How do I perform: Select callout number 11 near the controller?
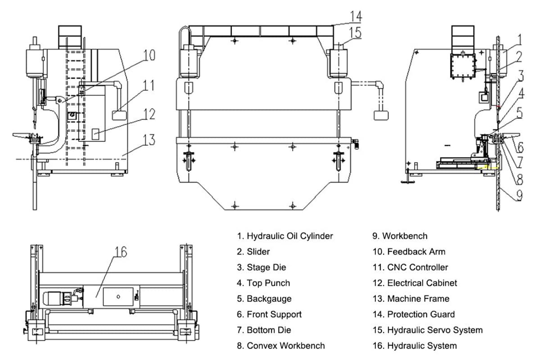click(x=149, y=85)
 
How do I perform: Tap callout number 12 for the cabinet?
click(x=149, y=114)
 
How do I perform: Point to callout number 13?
click(x=149, y=140)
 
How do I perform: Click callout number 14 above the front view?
click(x=355, y=17)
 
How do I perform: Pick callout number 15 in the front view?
click(x=355, y=33)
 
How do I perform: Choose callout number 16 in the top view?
click(x=120, y=252)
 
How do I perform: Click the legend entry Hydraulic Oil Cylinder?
click(x=285, y=236)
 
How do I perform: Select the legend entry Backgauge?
click(x=264, y=299)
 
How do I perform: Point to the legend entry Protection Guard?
click(x=414, y=315)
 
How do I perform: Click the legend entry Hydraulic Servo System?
click(x=428, y=330)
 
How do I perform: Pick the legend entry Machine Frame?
click(x=411, y=299)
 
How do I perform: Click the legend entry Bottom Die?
click(x=264, y=330)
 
